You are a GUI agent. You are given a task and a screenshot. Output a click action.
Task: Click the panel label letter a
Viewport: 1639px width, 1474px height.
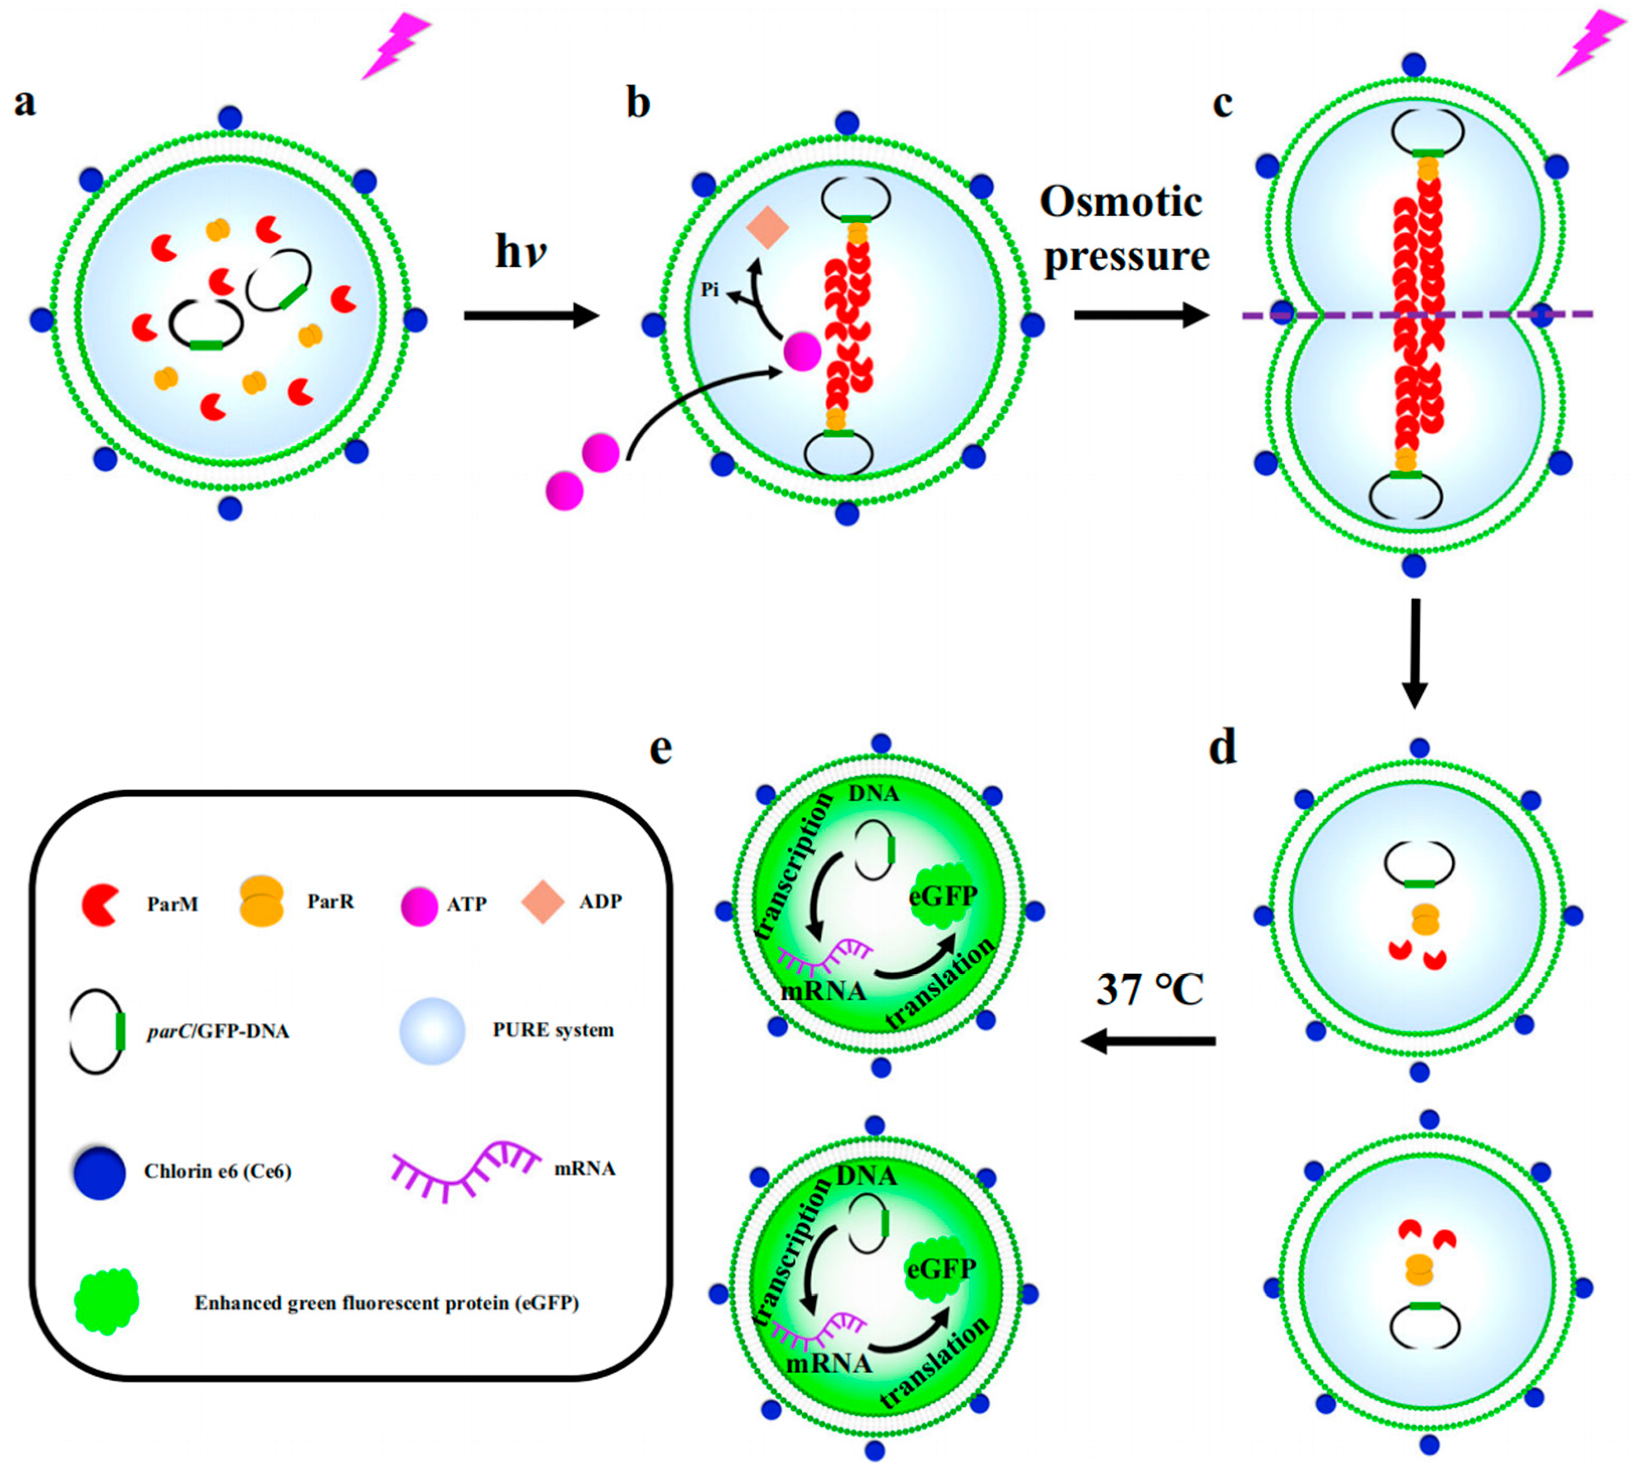pos(25,104)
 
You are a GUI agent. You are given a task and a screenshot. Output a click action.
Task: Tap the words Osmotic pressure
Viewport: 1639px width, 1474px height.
pos(1124,229)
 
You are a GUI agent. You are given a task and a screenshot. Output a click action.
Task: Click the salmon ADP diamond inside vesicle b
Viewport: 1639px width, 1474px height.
pos(767,227)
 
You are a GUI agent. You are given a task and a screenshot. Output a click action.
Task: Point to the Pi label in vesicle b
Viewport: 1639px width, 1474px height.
pos(710,290)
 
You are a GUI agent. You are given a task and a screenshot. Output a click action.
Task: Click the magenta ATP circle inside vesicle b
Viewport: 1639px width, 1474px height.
pos(802,352)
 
